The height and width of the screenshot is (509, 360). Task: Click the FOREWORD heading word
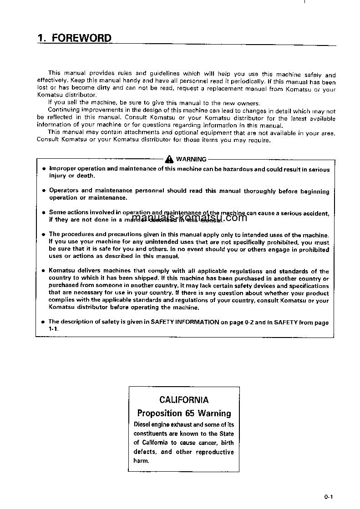tap(82, 38)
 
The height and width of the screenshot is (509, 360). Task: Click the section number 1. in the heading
tap(42, 38)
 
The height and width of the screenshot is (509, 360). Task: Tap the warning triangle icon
tap(169, 159)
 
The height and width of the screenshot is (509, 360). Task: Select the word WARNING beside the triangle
tap(191, 159)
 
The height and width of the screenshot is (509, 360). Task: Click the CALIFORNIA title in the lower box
tap(184, 400)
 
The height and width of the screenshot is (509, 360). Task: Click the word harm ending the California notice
tap(141, 461)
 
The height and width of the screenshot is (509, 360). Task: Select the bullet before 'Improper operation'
tap(44, 169)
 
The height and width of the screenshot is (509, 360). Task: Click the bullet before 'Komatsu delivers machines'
tap(44, 271)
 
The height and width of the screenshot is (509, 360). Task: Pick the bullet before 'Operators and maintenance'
tap(44, 191)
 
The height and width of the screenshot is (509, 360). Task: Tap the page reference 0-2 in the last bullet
tap(249, 322)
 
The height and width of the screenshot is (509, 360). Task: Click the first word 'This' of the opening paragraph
tap(54, 73)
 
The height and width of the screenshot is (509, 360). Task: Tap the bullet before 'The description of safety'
tap(44, 322)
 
